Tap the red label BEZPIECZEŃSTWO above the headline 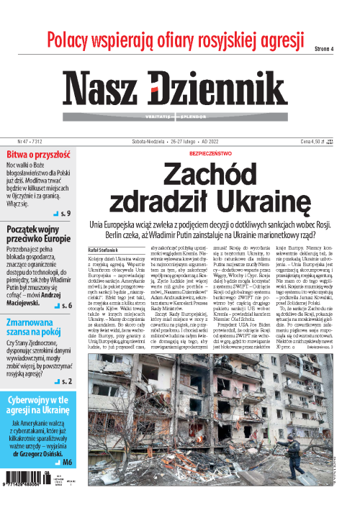coord(210,154)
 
